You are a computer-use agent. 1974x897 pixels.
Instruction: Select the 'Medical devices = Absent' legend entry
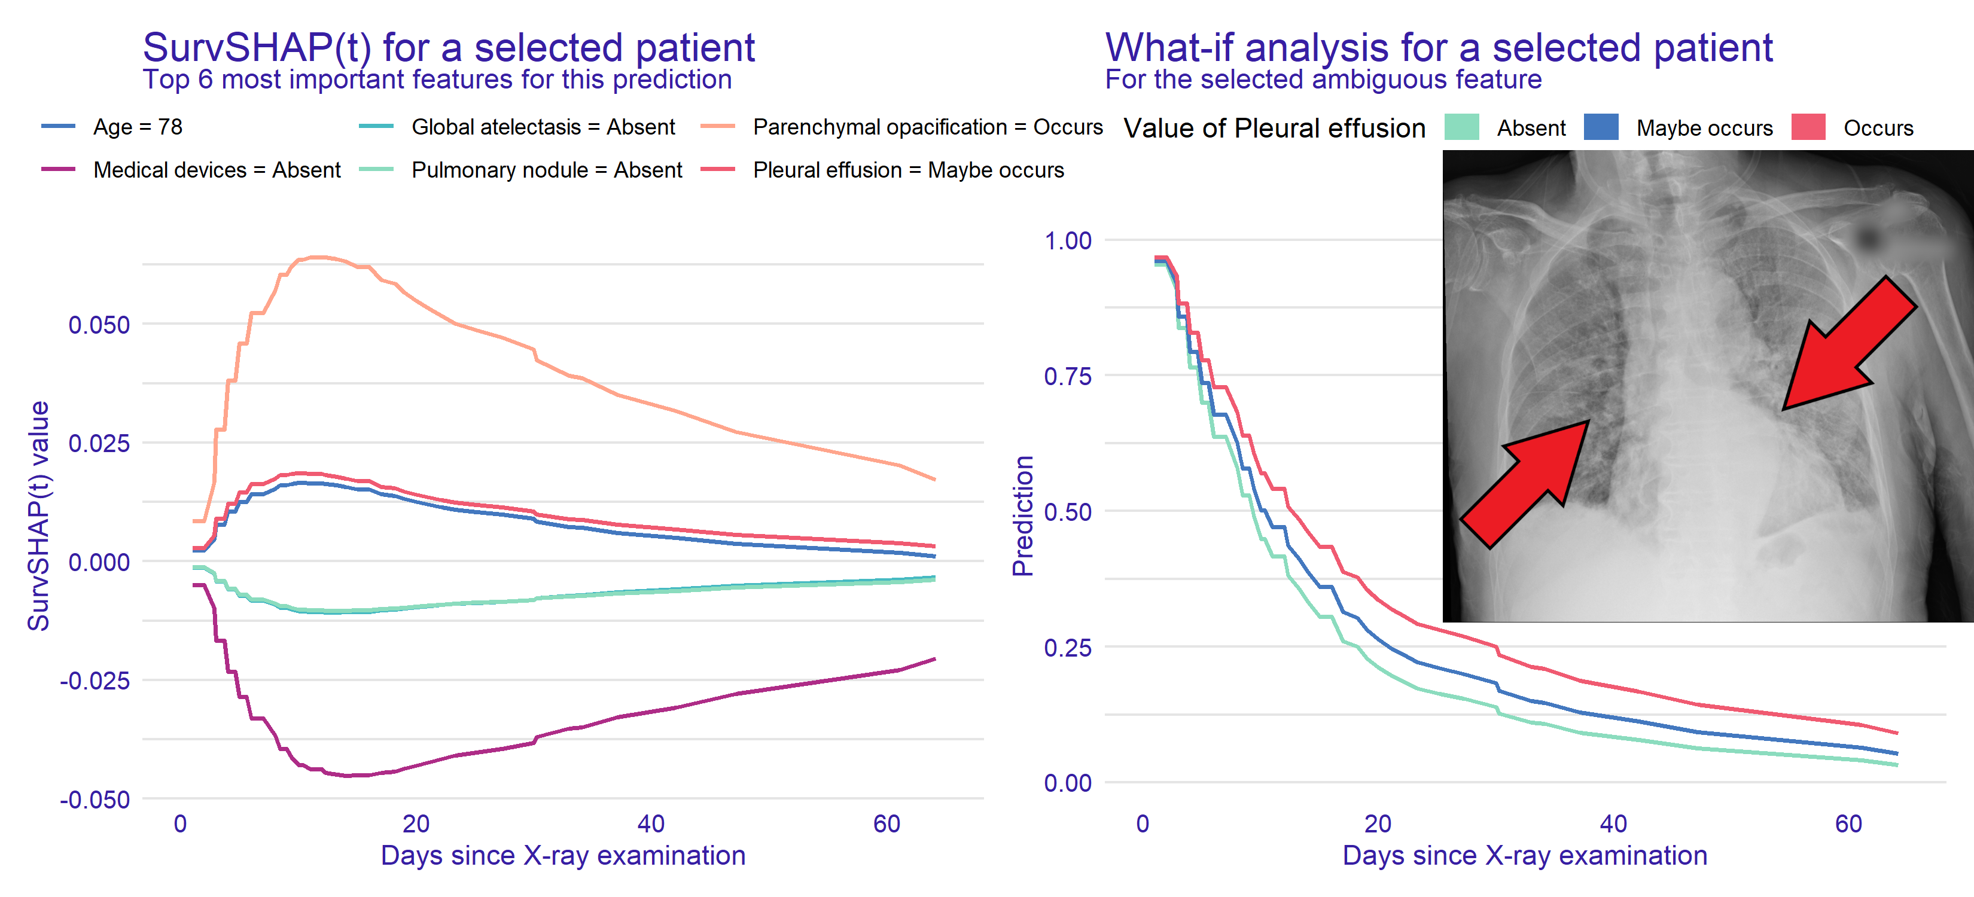click(x=216, y=169)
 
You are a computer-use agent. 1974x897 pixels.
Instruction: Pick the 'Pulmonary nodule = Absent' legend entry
click(x=546, y=169)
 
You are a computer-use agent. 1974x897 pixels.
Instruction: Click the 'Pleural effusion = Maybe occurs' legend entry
click(x=908, y=169)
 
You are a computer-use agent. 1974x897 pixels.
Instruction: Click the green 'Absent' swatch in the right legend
click(x=1461, y=127)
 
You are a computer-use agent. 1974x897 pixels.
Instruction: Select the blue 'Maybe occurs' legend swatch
click(x=1601, y=127)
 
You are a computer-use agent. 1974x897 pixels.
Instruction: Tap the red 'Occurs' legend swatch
click(x=1808, y=127)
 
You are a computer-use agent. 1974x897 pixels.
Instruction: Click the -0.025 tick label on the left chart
click(x=95, y=680)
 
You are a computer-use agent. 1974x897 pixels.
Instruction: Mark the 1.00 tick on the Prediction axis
click(x=1068, y=240)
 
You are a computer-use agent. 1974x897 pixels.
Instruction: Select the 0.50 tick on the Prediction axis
click(x=1068, y=512)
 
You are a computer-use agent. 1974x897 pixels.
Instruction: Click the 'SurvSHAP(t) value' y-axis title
click(x=38, y=515)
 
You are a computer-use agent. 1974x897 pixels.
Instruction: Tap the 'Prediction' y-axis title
click(x=1023, y=515)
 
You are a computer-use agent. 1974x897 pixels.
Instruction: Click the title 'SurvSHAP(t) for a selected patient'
click(x=448, y=47)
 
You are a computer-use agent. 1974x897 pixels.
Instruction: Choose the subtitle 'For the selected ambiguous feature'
click(x=1323, y=80)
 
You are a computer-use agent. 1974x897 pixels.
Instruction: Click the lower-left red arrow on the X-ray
click(x=1525, y=483)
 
